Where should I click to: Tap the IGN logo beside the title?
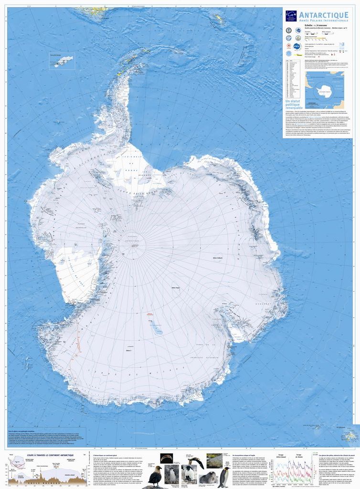tap(291, 16)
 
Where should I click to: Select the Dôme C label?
tap(128, 351)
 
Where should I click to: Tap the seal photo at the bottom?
tap(207, 477)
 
